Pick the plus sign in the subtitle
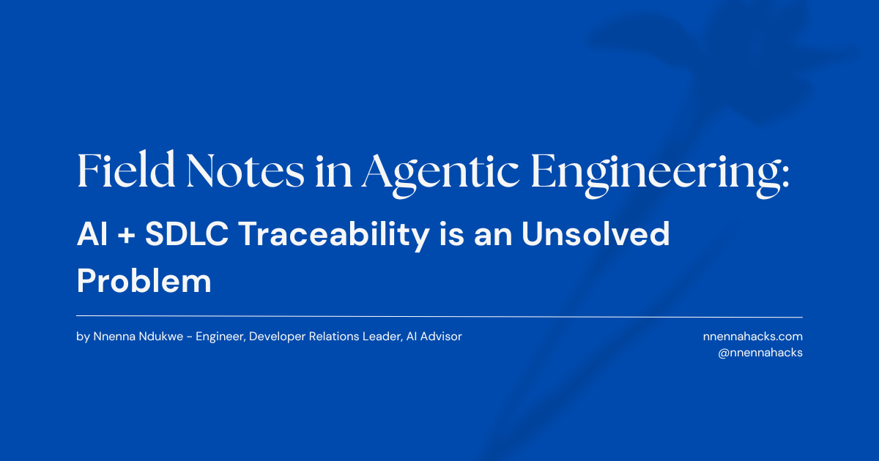[126, 236]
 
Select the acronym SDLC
[185, 235]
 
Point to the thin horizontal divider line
[439, 317]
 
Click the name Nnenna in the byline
[111, 337]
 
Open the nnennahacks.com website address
[752, 337]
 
